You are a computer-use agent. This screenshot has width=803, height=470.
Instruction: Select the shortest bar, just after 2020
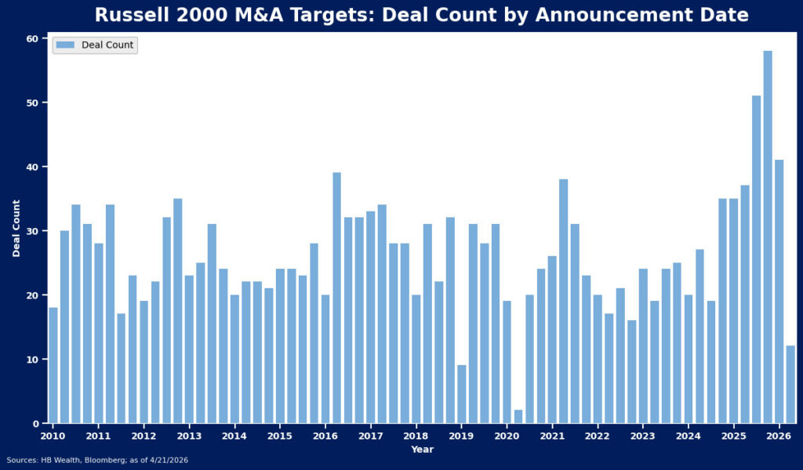tap(518, 416)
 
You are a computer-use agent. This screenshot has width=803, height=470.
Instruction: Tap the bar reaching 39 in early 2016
tap(336, 298)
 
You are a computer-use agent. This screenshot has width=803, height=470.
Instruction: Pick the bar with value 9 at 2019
tap(462, 394)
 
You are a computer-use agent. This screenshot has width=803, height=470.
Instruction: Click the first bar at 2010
tap(53, 365)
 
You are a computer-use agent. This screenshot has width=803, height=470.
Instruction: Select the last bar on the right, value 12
tap(790, 384)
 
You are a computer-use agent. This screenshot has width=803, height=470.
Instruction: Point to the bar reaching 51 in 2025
tap(757, 259)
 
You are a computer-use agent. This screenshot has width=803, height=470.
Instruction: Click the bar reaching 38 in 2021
tap(564, 301)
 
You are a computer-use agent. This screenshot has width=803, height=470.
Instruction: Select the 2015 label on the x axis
tap(280, 436)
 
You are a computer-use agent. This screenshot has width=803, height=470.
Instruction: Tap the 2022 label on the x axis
tap(598, 436)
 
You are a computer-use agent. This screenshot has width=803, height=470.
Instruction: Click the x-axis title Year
tap(422, 450)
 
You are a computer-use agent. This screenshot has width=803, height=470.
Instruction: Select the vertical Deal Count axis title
tap(16, 228)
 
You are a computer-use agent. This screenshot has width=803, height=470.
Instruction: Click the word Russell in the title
tap(129, 15)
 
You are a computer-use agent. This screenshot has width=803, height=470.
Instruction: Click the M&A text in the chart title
tap(256, 15)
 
